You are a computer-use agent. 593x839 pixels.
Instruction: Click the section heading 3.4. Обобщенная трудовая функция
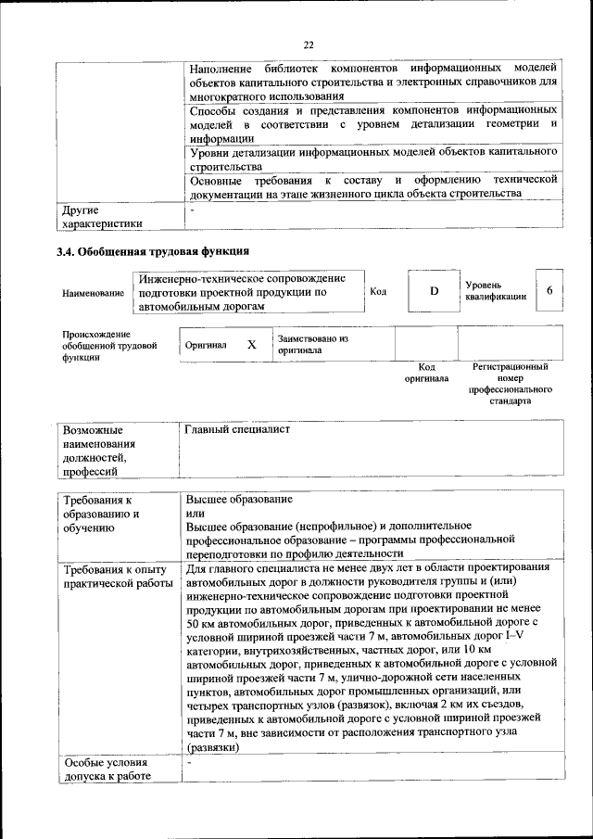pyautogui.click(x=153, y=251)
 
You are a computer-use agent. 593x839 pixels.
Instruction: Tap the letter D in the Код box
pyautogui.click(x=433, y=292)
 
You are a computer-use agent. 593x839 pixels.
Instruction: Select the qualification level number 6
pyautogui.click(x=549, y=291)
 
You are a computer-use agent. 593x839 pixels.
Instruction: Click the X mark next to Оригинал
pyautogui.click(x=251, y=344)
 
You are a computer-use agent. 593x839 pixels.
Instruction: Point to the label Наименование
pyautogui.click(x=93, y=293)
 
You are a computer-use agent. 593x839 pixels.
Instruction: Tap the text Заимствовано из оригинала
pyautogui.click(x=312, y=345)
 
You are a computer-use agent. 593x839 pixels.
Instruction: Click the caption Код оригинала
pyautogui.click(x=426, y=373)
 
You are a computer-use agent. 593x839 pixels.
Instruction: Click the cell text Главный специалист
pyautogui.click(x=237, y=430)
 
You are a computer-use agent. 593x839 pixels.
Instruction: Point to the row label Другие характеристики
pyautogui.click(x=102, y=217)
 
